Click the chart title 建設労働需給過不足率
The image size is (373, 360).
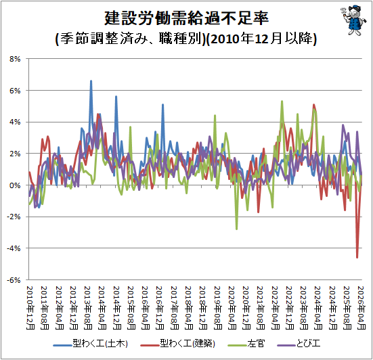tap(187, 18)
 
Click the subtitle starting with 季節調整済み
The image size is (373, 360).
tap(186, 39)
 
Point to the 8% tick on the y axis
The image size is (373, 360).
tap(15, 59)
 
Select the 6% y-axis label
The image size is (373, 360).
tap(15, 91)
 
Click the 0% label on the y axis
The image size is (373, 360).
tap(15, 185)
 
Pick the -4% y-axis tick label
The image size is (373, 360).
tap(14, 248)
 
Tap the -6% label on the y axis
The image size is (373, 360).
tap(14, 280)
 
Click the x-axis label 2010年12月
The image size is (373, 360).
tap(30, 308)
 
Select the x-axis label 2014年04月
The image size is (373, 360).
tap(102, 308)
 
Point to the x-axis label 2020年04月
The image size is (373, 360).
tap(232, 308)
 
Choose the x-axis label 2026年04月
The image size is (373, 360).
tap(361, 308)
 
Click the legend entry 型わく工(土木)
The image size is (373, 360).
tap(91, 344)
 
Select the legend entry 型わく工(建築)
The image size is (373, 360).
tap(178, 344)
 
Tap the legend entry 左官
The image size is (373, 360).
tap(246, 344)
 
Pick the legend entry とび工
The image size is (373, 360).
tap(299, 344)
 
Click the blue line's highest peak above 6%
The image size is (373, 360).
tap(91, 81)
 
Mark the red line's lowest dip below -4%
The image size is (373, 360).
tap(357, 258)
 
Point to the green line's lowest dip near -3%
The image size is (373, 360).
tap(236, 229)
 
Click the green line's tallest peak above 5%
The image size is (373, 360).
tap(282, 102)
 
